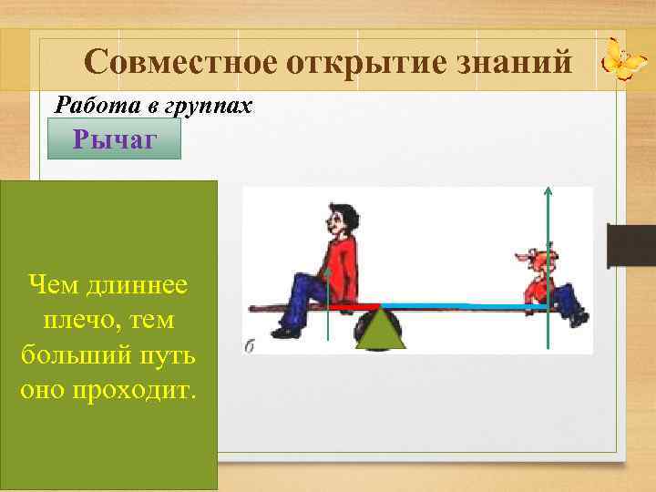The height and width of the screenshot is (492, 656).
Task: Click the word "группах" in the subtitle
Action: point(207,104)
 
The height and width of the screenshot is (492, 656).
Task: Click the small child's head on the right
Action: point(538,265)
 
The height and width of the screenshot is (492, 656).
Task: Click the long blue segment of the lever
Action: point(456,307)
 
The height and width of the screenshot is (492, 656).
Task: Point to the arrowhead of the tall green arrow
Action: point(548,192)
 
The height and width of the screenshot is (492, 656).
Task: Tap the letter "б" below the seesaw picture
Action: point(249,346)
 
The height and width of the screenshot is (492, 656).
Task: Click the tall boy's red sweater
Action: point(343,269)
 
